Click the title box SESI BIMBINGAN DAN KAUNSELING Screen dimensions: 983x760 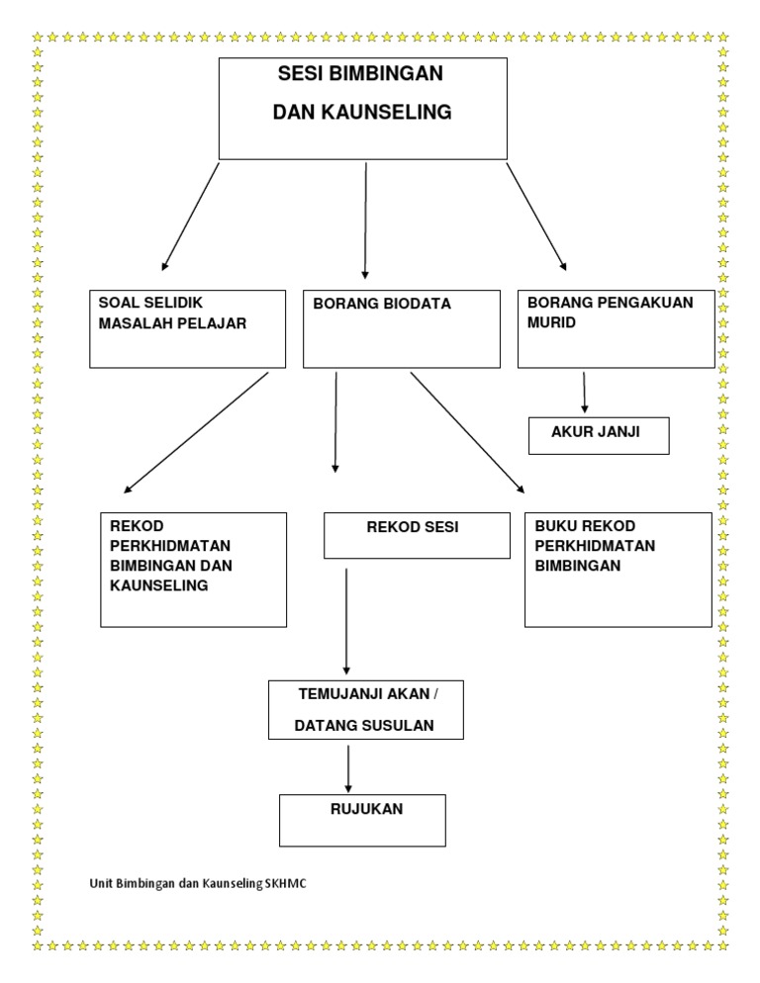coord(362,109)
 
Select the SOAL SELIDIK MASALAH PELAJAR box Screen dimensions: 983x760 coord(189,329)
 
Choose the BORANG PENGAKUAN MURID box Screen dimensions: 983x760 coord(615,329)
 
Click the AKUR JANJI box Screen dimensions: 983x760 coord(599,435)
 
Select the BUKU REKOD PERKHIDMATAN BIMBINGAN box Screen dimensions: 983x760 coord(617,569)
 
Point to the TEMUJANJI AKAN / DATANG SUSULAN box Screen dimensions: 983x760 coord(366,709)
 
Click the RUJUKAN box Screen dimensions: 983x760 coord(363,819)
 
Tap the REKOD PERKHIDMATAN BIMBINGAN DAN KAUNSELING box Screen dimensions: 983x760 coord(194,569)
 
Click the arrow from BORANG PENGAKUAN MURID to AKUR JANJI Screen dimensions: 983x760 coord(585,393)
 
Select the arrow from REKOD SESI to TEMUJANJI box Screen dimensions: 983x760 coord(346,620)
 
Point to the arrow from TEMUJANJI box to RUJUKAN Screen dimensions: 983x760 coord(348,767)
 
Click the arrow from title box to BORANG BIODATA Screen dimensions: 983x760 coord(366,220)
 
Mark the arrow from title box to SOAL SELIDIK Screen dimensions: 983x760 coord(190,218)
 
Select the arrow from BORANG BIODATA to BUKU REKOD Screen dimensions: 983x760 coord(467,431)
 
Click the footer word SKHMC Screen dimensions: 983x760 coord(286,882)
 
